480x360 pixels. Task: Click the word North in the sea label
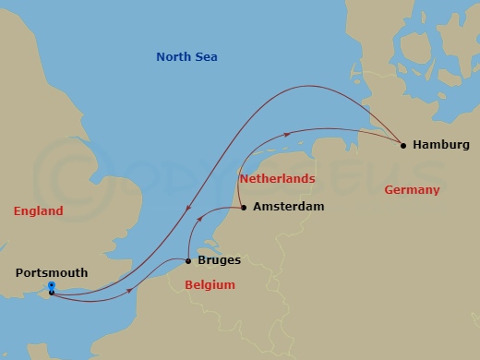174,57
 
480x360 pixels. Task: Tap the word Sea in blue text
206,57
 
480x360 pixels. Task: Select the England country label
39,211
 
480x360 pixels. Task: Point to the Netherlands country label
276,178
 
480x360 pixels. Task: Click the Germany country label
411,189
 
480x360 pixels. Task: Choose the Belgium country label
210,285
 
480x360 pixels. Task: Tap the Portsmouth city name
52,272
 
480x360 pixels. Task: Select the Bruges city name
220,260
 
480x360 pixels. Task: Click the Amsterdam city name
288,207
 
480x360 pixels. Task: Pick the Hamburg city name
441,145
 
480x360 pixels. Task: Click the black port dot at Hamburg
402,144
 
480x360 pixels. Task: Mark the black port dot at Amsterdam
244,207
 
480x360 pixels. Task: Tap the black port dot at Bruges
188,260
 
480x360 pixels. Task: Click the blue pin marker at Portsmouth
51,286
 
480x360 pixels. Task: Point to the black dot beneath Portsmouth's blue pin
51,293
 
